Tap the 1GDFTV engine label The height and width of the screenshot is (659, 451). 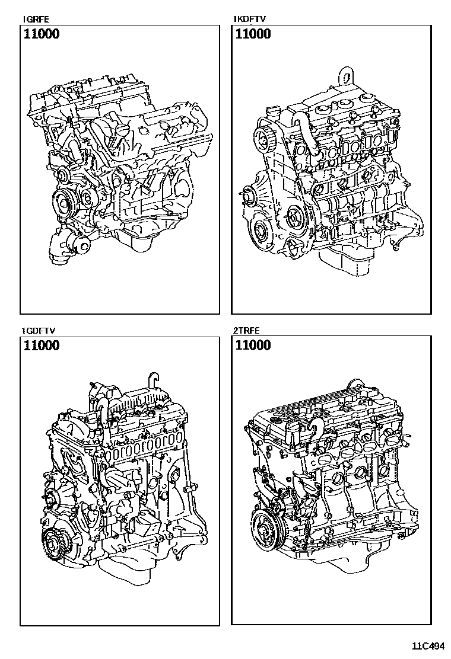(34, 330)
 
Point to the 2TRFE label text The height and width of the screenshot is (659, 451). (246, 330)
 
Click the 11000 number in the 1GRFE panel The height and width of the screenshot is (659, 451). (41, 34)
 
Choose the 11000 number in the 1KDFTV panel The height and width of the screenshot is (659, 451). (253, 34)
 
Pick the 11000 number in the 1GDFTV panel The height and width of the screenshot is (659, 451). (41, 346)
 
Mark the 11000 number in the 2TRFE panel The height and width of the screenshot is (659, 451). (253, 346)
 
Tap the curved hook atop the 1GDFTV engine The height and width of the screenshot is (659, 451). (153, 379)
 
